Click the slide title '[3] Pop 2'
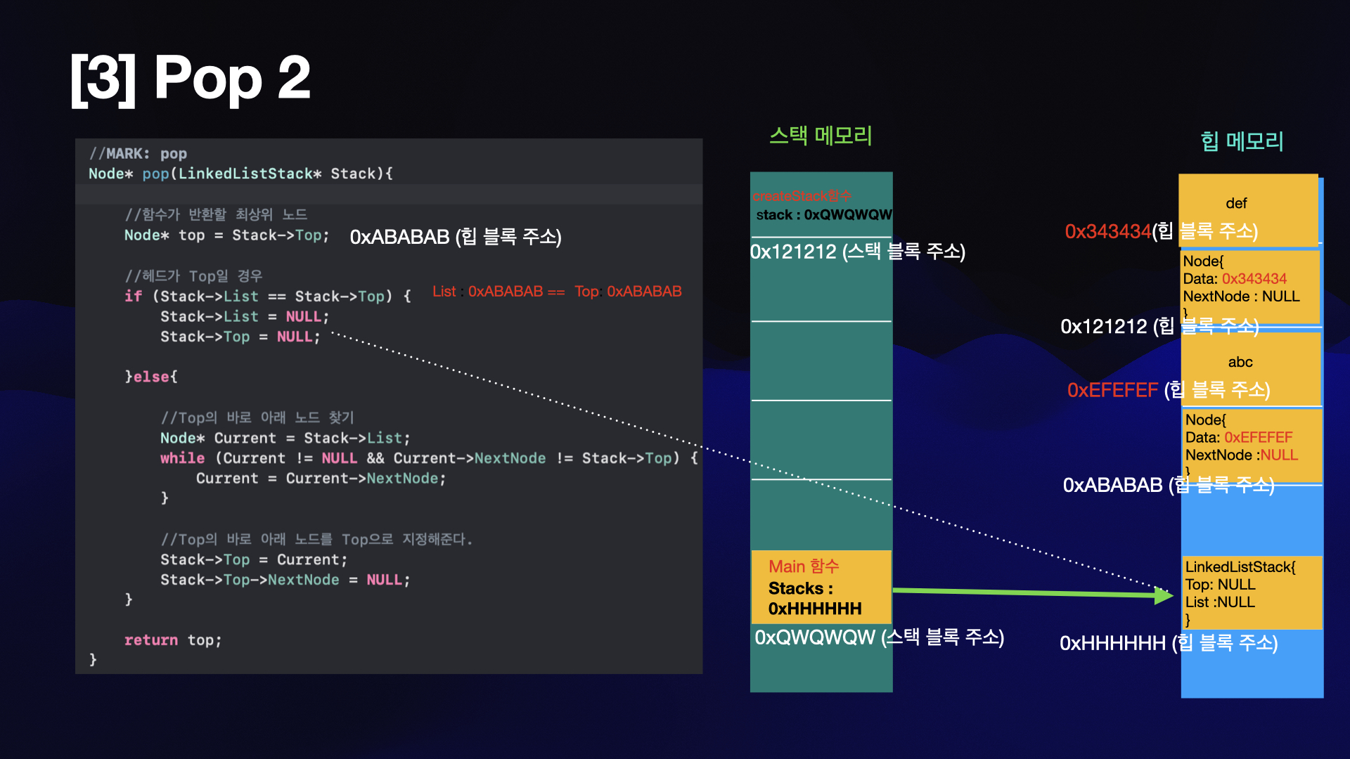(190, 79)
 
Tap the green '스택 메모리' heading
(821, 136)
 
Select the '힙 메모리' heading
(1242, 141)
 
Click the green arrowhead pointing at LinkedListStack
(1164, 596)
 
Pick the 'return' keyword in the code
(150, 640)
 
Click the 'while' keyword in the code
(182, 458)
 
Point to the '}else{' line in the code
(151, 377)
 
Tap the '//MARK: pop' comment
(138, 153)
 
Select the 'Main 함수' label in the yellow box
(804, 566)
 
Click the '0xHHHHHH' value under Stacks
(814, 609)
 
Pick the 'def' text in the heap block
(1236, 203)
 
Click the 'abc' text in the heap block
(1240, 362)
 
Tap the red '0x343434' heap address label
(1107, 231)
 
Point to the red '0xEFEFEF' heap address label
(1112, 390)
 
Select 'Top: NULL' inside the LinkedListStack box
(1220, 585)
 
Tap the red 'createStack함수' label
(802, 196)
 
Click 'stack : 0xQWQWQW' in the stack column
(823, 215)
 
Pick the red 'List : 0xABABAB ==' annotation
(498, 292)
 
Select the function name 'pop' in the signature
(155, 174)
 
